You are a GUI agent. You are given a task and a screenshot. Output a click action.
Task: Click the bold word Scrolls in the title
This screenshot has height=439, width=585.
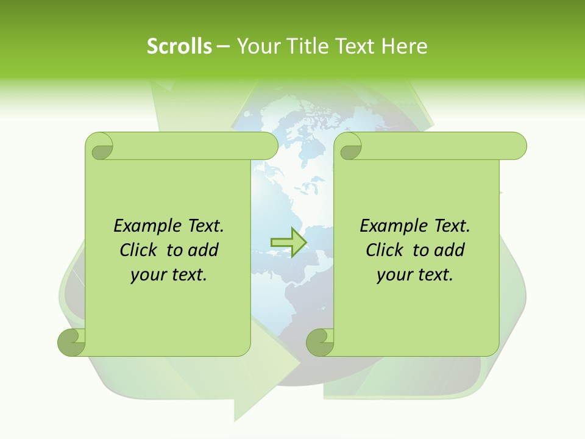click(179, 46)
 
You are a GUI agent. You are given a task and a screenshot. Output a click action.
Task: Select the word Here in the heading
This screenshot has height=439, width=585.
click(405, 46)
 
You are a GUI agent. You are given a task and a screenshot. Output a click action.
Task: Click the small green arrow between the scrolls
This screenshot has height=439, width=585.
click(288, 242)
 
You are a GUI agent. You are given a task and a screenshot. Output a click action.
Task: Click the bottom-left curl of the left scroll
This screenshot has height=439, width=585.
click(72, 342)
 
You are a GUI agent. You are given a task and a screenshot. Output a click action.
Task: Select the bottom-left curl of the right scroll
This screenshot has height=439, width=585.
click(320, 342)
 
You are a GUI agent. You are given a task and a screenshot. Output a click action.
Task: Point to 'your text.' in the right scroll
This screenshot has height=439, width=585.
click(415, 275)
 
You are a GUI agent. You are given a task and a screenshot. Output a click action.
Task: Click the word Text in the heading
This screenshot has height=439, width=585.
click(355, 46)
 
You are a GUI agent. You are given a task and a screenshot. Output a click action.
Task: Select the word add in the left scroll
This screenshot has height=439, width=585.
click(204, 250)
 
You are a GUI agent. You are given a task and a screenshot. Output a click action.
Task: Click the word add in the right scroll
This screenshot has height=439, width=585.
click(450, 250)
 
